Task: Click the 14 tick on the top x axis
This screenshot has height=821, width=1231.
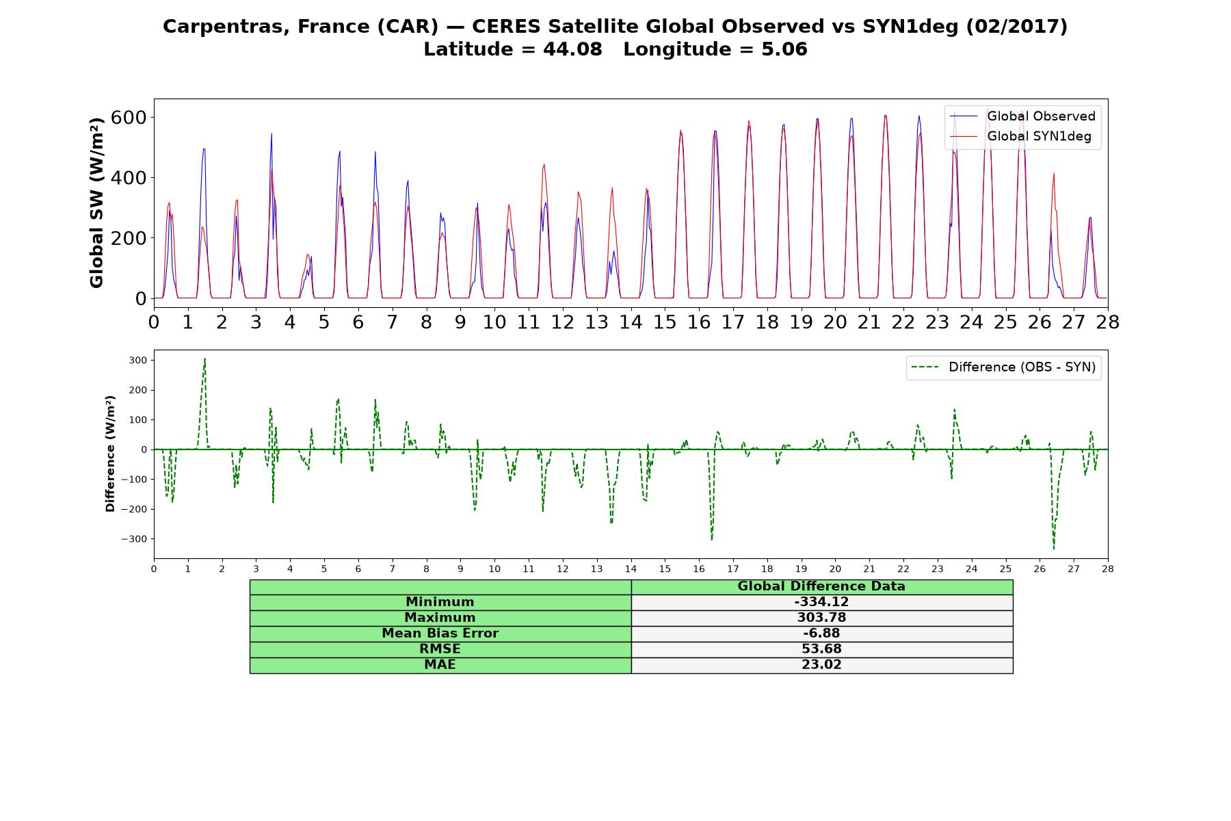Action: click(x=631, y=322)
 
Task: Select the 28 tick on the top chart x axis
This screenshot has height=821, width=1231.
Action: click(x=1107, y=322)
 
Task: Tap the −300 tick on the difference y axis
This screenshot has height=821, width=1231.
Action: click(x=135, y=539)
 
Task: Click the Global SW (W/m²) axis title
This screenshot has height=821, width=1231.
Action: click(x=96, y=203)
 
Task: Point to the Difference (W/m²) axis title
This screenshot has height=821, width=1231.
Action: click(x=110, y=454)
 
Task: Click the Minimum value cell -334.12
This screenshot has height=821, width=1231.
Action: click(x=821, y=602)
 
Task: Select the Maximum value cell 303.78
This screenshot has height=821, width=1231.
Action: click(x=821, y=618)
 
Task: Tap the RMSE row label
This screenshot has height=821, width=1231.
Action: click(x=440, y=649)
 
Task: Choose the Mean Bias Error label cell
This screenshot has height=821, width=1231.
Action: click(x=440, y=634)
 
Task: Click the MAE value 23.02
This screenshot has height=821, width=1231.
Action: click(x=821, y=665)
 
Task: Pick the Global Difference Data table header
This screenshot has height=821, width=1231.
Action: click(x=821, y=586)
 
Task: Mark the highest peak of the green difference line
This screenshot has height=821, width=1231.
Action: click(x=204, y=359)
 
